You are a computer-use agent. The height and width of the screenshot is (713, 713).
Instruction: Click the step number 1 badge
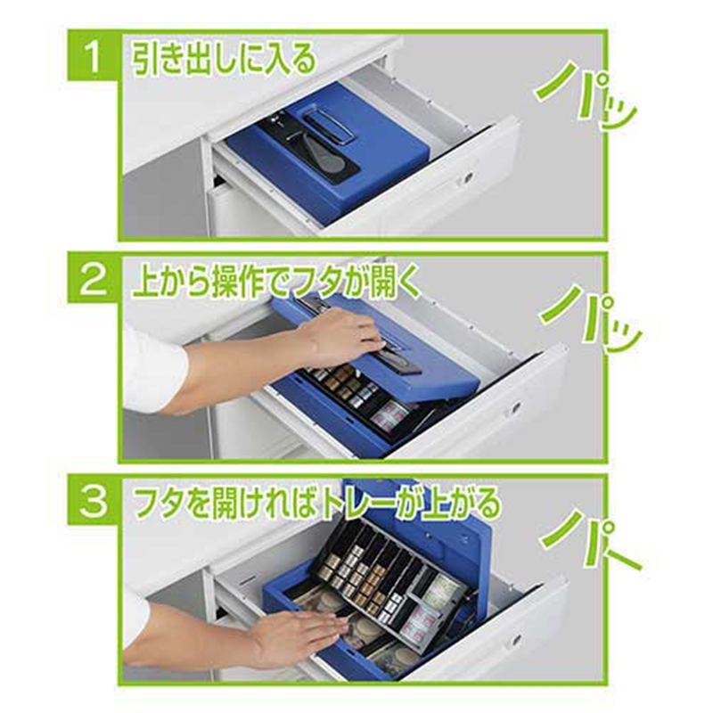tap(94, 56)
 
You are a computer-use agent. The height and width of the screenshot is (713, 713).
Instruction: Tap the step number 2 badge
tap(94, 278)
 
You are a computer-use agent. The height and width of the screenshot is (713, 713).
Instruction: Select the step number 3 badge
tap(94, 501)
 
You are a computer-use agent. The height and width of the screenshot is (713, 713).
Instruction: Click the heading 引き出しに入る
tap(224, 59)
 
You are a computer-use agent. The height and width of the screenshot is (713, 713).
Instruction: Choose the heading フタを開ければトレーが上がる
tap(316, 504)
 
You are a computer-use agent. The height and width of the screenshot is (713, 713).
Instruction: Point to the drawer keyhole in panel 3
tap(516, 641)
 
